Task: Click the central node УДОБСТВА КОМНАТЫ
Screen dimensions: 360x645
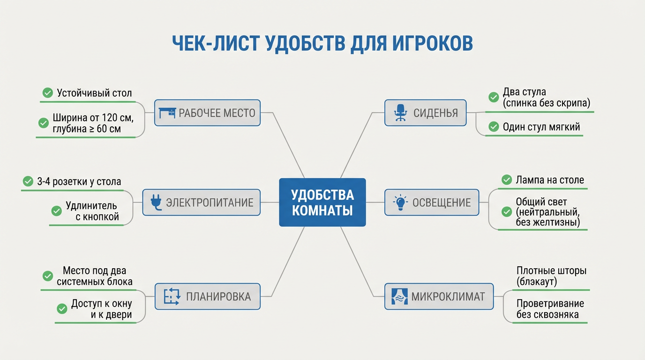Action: coord(322,202)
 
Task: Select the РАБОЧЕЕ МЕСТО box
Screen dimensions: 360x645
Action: coord(207,112)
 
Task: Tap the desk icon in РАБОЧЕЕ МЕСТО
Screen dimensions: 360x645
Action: coord(167,112)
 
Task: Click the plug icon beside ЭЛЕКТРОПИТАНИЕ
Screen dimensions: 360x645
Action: coord(156,202)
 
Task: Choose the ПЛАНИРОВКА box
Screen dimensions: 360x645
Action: coord(207,296)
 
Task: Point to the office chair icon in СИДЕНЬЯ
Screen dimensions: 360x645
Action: coord(400,112)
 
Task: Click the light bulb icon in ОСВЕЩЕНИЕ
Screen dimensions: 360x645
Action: coord(400,202)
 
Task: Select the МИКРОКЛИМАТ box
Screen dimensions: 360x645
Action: coord(439,296)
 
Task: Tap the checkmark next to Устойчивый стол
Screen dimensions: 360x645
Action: coord(47,93)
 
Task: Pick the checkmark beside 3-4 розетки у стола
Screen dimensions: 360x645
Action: coord(27,181)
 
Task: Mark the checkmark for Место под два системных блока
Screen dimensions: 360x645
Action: coord(47,276)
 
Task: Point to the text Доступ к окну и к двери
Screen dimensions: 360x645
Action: coord(101,309)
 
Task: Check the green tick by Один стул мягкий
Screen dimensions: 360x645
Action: coord(493,127)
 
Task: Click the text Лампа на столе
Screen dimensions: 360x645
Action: coord(550,180)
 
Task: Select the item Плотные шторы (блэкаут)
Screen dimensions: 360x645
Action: coord(551,276)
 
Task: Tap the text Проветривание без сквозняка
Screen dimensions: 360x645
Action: coord(550,309)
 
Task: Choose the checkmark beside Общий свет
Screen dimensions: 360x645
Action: coord(506,212)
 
